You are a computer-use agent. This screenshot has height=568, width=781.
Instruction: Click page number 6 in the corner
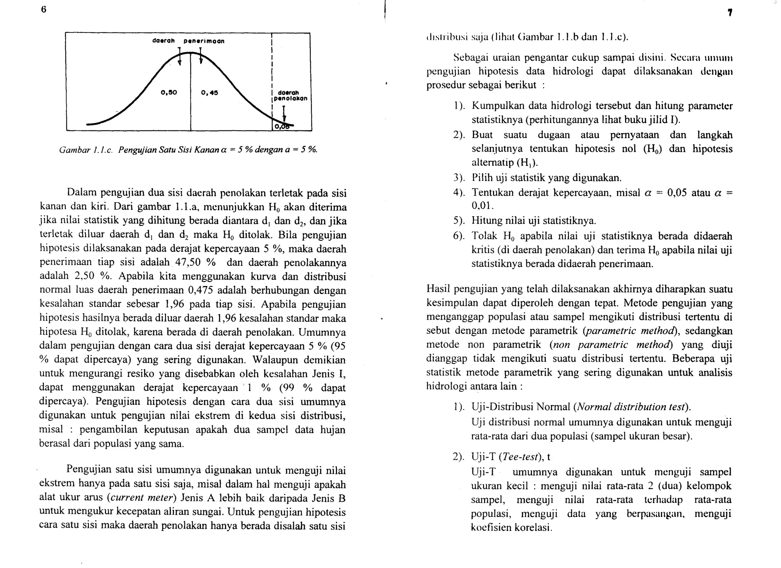tap(43, 10)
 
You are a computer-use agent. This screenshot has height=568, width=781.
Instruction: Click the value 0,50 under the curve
tap(169, 92)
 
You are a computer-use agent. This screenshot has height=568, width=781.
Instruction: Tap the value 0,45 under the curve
tap(209, 92)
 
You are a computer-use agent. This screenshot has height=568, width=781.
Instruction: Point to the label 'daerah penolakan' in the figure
tap(292, 95)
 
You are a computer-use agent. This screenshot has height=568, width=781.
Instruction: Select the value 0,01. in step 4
tap(482, 206)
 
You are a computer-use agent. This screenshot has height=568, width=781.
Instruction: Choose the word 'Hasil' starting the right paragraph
tap(438, 289)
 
